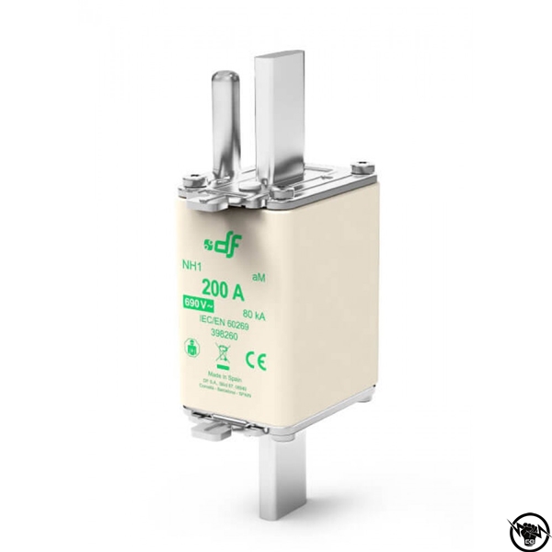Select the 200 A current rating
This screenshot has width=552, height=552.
click(222, 293)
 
